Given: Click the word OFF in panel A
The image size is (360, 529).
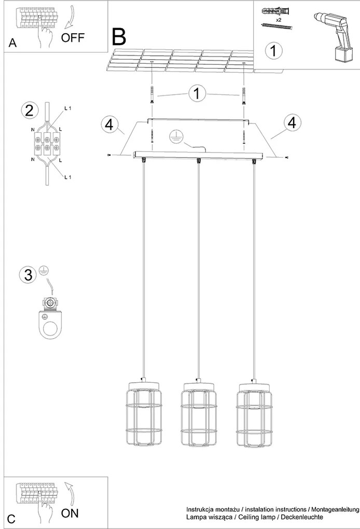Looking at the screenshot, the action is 73,37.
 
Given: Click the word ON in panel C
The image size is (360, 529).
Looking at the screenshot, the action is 70,513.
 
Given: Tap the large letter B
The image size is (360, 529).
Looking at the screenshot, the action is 119,37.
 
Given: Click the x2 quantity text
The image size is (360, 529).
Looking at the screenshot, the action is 279,20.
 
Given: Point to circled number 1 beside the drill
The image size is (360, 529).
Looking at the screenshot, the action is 273,51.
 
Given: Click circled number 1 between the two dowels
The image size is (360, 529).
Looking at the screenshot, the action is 197,93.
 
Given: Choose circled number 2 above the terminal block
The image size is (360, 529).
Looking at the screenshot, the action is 30,110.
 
